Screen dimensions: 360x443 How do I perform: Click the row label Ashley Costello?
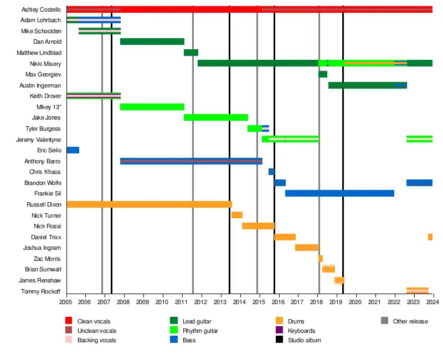41,9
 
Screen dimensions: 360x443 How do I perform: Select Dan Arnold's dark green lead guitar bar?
152,42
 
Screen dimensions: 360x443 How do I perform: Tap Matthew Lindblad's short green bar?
191,53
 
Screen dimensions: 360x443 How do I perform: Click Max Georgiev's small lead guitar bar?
323,74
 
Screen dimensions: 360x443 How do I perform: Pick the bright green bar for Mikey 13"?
152,107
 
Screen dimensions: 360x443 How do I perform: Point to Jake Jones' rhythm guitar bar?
216,117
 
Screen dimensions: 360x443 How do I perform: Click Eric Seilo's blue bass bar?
73,150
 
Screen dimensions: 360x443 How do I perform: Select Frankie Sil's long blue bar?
339,193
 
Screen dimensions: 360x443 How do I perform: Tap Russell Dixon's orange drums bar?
150,204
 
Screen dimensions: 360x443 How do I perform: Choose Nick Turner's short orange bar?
237,215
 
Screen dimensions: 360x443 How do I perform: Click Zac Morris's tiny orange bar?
321,259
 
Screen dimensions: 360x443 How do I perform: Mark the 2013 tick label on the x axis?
220,302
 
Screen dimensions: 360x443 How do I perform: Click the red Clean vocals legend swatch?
69,321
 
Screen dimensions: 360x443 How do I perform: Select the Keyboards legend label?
302,331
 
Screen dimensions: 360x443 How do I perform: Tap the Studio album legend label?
304,340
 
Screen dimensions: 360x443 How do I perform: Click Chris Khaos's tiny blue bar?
271,172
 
